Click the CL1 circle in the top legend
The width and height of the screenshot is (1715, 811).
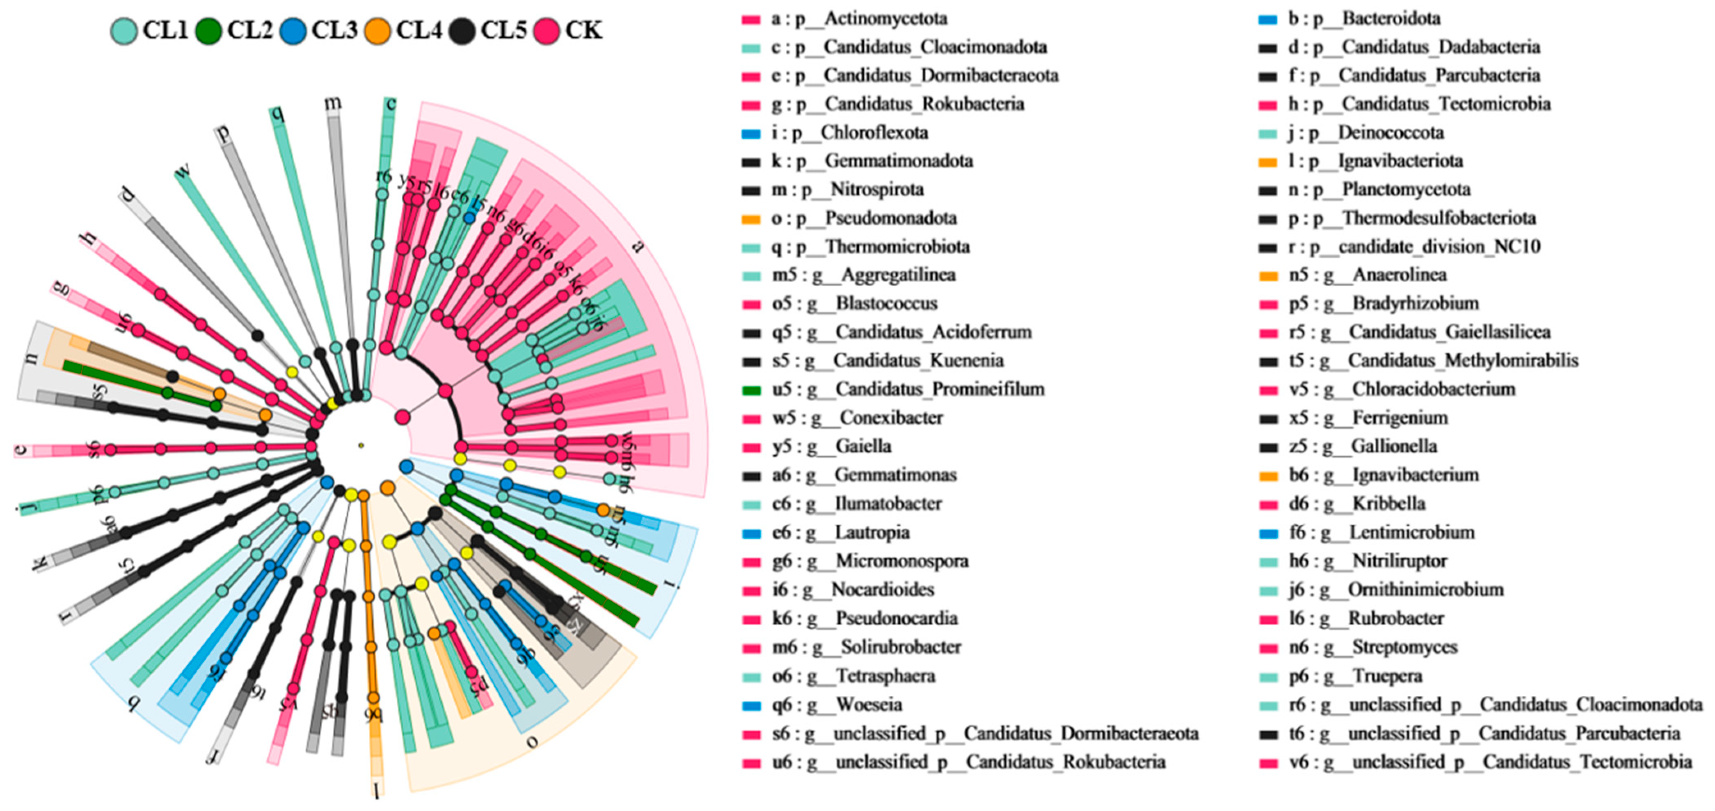click(124, 31)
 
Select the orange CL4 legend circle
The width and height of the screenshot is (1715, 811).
click(377, 31)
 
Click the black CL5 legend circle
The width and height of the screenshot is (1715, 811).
click(462, 31)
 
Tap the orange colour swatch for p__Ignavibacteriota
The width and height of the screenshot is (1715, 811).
click(1268, 162)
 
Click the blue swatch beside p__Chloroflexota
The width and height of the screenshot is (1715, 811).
click(751, 133)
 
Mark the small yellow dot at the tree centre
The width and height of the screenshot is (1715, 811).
click(361, 445)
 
